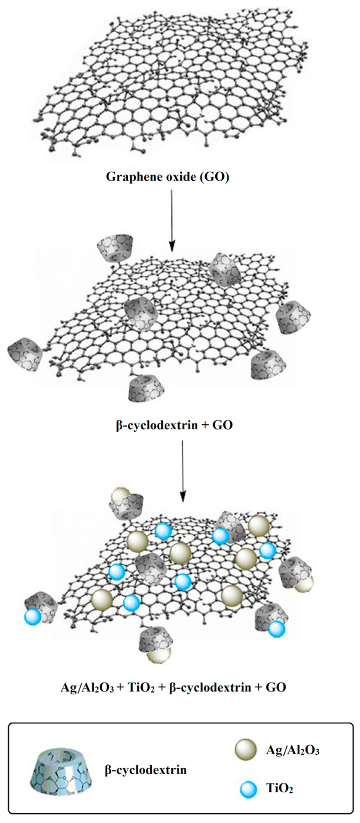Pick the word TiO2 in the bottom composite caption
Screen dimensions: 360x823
point(141,687)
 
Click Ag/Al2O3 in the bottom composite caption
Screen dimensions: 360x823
point(87,687)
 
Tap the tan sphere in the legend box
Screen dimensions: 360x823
point(246,749)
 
